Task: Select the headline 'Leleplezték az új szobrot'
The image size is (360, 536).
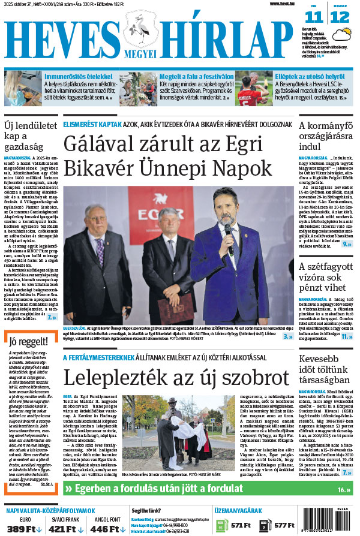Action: (169, 378)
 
